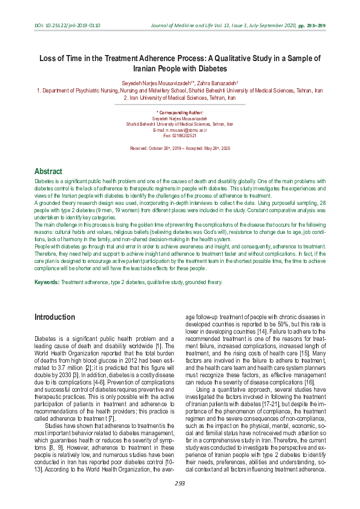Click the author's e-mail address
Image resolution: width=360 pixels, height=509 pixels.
[180, 130]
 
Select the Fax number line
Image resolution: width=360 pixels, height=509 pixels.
[180, 135]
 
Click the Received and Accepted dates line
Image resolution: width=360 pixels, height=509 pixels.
[180, 148]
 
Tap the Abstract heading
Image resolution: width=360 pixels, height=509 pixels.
[48, 171]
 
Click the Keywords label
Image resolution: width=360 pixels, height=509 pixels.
[47, 282]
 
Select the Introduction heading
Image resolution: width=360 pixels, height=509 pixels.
[54, 317]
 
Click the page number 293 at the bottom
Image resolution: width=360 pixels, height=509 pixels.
[180, 483]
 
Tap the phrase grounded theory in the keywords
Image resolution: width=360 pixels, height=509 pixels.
[204, 282]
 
